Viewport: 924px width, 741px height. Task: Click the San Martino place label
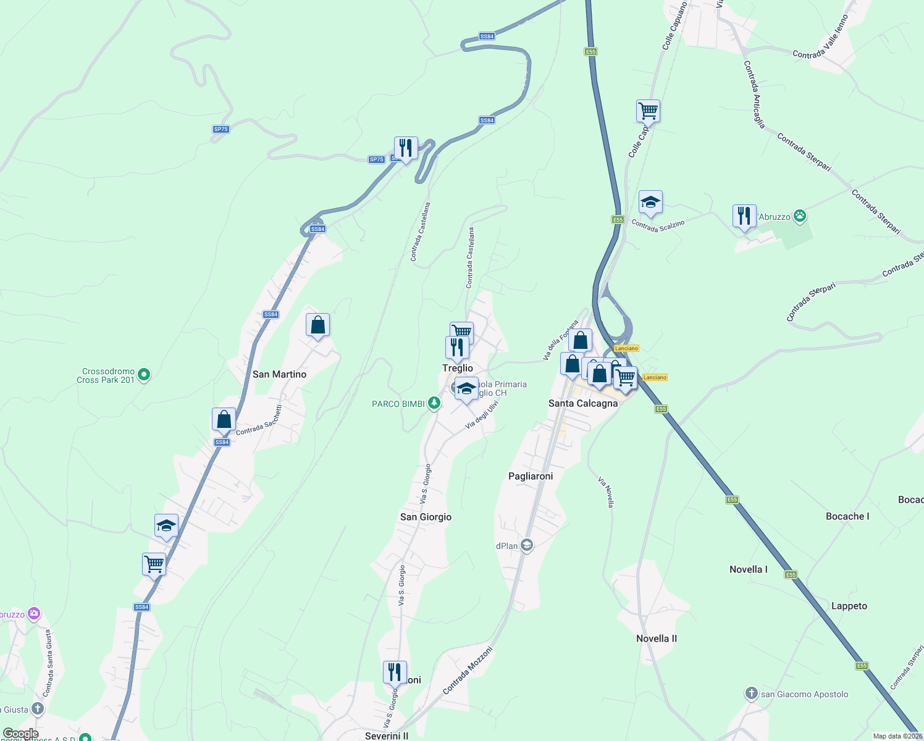coord(279,374)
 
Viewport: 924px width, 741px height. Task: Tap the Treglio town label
coord(457,368)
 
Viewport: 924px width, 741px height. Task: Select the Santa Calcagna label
coord(583,403)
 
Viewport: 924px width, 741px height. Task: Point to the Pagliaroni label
coord(531,476)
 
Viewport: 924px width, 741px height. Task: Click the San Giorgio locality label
coord(426,517)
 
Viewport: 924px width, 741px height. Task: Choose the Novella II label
coord(657,638)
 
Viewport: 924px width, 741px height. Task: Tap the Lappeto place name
coord(849,606)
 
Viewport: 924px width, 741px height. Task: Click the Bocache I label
coord(847,516)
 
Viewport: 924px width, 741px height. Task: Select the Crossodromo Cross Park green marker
coord(144,374)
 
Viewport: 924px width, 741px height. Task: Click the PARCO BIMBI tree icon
coord(434,403)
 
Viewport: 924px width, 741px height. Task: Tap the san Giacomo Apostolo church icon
coord(752,693)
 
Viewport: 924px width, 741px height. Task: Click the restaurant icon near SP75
coord(406,149)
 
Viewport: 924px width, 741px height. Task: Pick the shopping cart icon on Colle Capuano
coord(648,112)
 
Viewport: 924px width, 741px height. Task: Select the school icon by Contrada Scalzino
coord(650,203)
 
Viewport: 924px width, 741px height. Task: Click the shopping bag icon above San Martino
coord(317,325)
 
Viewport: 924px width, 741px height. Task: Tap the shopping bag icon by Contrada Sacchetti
coord(224,419)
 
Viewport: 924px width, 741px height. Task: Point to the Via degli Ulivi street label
coord(482,415)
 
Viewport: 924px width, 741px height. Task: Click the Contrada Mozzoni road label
coord(467,670)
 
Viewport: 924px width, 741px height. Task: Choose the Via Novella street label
coord(607,492)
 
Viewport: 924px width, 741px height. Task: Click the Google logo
coord(20,734)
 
